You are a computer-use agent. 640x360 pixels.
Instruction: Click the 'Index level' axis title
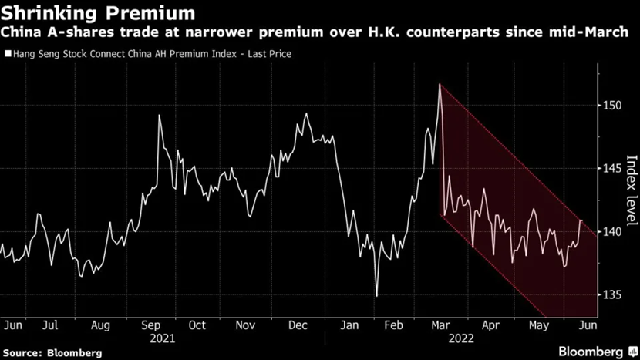click(x=630, y=185)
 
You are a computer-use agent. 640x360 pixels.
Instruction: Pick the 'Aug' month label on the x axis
click(x=101, y=325)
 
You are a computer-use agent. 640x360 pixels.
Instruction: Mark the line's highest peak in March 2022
click(x=440, y=85)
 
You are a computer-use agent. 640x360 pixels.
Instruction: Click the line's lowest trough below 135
click(x=376, y=295)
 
